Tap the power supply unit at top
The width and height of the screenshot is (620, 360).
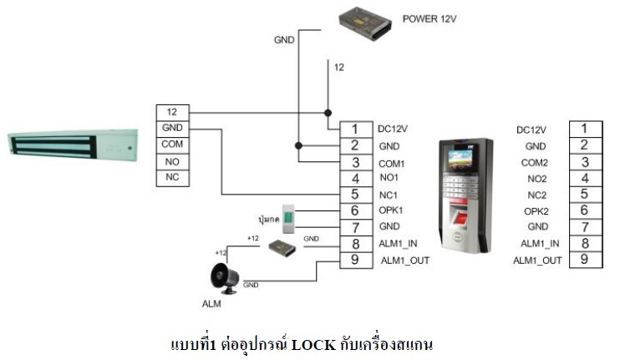(365, 25)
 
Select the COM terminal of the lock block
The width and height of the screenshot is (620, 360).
(173, 145)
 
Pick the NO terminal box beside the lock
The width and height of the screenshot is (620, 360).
(173, 161)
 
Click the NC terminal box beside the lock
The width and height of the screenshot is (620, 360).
(173, 178)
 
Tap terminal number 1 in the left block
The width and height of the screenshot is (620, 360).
(354, 129)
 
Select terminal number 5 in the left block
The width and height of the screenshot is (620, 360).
(354, 195)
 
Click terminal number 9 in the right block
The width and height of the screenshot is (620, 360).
(585, 260)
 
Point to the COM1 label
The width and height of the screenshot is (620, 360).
(391, 163)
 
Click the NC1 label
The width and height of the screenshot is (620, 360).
(389, 195)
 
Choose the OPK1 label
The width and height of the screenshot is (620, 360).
(391, 211)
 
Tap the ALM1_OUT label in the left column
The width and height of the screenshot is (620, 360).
(404, 261)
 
